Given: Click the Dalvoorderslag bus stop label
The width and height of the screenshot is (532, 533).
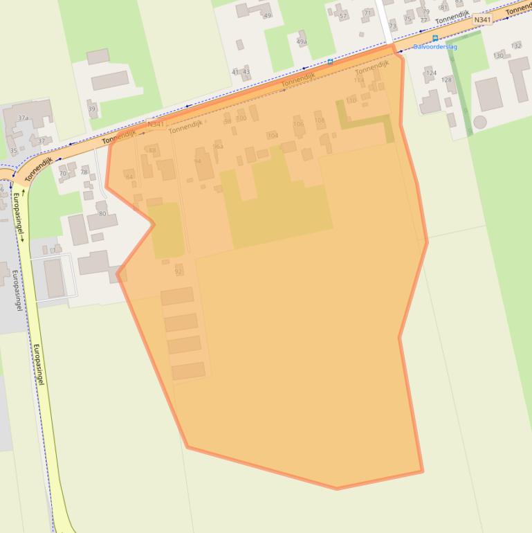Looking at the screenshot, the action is (434, 47).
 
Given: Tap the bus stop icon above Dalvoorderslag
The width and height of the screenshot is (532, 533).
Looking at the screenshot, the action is (435, 39).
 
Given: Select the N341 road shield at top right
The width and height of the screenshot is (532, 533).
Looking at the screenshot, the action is (482, 21).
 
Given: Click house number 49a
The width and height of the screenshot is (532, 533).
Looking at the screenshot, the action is (302, 42).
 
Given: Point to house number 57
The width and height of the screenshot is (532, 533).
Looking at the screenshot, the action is (343, 16).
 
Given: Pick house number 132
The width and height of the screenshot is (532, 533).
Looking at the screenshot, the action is (516, 46).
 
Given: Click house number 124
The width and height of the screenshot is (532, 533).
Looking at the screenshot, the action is (431, 73).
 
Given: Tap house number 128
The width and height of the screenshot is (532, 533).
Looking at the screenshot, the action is (446, 80).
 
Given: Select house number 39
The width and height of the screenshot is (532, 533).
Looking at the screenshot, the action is (92, 109).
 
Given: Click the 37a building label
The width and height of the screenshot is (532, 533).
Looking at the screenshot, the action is (23, 118).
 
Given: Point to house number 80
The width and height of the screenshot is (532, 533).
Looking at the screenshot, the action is (102, 213).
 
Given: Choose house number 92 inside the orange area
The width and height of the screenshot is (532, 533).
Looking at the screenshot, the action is (178, 271).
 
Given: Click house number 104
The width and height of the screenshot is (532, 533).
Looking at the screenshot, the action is (273, 135).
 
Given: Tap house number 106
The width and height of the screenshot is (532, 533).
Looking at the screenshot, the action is (298, 125).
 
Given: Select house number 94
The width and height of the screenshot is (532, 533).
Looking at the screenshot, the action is (198, 161).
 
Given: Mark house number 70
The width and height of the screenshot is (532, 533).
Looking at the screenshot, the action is (63, 174).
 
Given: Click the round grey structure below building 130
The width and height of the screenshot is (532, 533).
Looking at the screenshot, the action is (479, 122).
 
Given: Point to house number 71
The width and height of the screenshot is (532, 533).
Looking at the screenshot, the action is (367, 12).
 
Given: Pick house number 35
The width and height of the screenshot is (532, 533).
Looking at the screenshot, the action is (13, 150).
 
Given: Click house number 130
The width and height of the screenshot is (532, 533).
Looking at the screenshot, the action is (498, 55).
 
